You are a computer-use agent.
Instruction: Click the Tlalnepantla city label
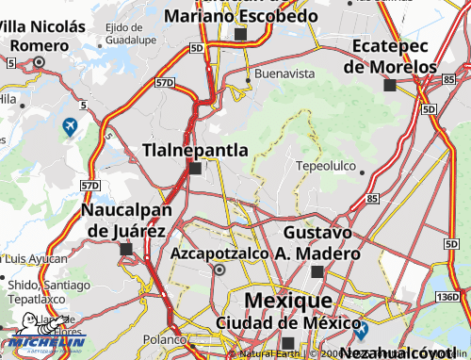(x=195, y=150)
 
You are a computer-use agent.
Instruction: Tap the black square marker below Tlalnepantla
(x=195, y=169)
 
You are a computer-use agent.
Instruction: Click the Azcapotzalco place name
(x=219, y=253)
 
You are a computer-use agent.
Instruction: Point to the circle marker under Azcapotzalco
(x=219, y=270)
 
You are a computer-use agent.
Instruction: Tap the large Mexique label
(x=281, y=301)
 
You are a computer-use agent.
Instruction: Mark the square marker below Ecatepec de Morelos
(x=389, y=85)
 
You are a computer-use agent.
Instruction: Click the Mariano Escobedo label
(x=240, y=15)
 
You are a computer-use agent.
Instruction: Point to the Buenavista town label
(x=286, y=72)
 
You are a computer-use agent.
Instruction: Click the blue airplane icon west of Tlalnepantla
(x=70, y=125)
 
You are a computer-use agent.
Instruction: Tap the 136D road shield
(x=447, y=298)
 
